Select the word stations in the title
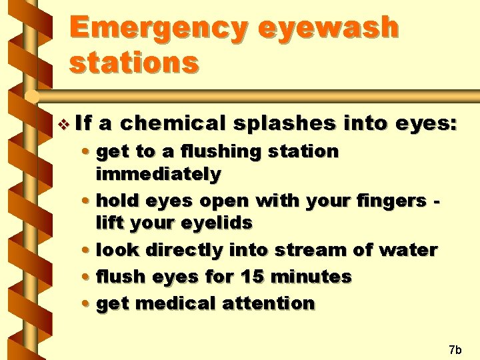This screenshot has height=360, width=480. pyautogui.click(x=133, y=62)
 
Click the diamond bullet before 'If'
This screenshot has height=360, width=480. pyautogui.click(x=63, y=123)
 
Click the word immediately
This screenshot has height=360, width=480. pyautogui.click(x=158, y=174)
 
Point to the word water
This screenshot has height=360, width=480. pyautogui.click(x=407, y=250)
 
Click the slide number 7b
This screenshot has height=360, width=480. pyautogui.click(x=455, y=349)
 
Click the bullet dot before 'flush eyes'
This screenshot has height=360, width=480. pyautogui.click(x=89, y=277)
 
